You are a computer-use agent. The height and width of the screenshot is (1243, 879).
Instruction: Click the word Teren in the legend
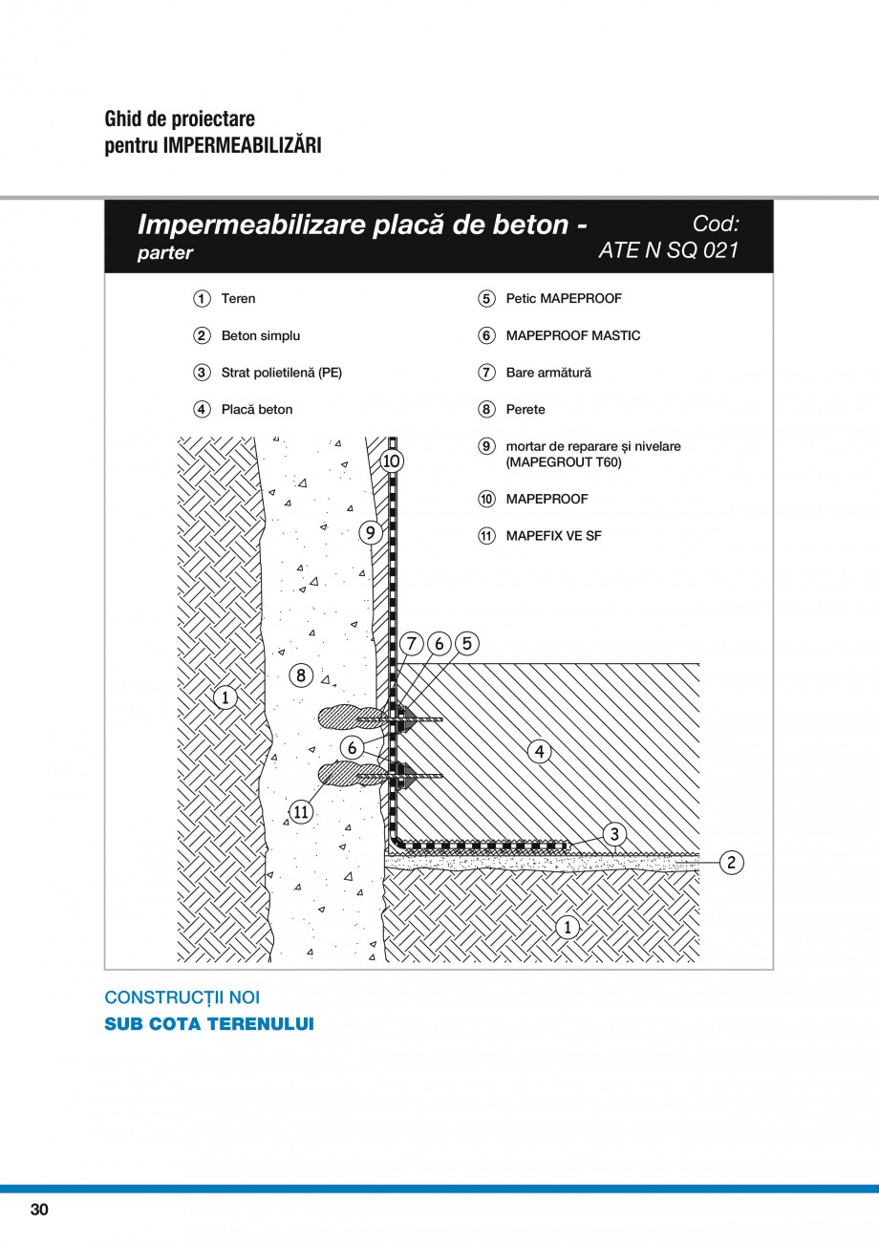point(238,299)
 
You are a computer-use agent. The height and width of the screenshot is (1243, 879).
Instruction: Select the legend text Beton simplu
point(260,336)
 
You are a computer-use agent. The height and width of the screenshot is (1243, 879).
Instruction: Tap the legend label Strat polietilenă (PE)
point(281,373)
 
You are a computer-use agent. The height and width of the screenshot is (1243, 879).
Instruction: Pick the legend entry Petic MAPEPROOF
point(564,299)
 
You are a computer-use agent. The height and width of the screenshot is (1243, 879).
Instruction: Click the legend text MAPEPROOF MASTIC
point(573,336)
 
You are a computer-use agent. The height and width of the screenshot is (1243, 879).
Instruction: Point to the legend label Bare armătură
point(548,373)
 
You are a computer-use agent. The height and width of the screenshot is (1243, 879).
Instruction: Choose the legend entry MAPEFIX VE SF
point(553,536)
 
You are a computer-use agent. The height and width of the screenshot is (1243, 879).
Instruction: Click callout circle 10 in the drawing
point(392,461)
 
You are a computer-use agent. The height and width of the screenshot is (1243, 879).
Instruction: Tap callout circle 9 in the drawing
point(371,532)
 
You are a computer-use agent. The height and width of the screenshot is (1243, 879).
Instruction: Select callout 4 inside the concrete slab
point(540,752)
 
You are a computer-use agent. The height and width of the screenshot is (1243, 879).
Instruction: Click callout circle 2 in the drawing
point(731,863)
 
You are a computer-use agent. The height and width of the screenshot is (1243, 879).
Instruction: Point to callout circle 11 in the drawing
point(300,812)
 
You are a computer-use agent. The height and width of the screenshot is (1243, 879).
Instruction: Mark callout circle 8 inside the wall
point(301,675)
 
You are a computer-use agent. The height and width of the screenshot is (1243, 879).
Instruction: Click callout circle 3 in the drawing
point(615,834)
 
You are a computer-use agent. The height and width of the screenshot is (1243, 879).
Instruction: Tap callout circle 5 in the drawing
point(466,643)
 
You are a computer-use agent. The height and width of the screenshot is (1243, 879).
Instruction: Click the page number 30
point(39,1211)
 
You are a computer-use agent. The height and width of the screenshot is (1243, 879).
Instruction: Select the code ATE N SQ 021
point(668,251)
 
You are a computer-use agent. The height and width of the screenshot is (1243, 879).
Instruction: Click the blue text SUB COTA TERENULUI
point(208,1024)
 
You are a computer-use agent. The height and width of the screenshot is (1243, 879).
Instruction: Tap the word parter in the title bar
point(165,253)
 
